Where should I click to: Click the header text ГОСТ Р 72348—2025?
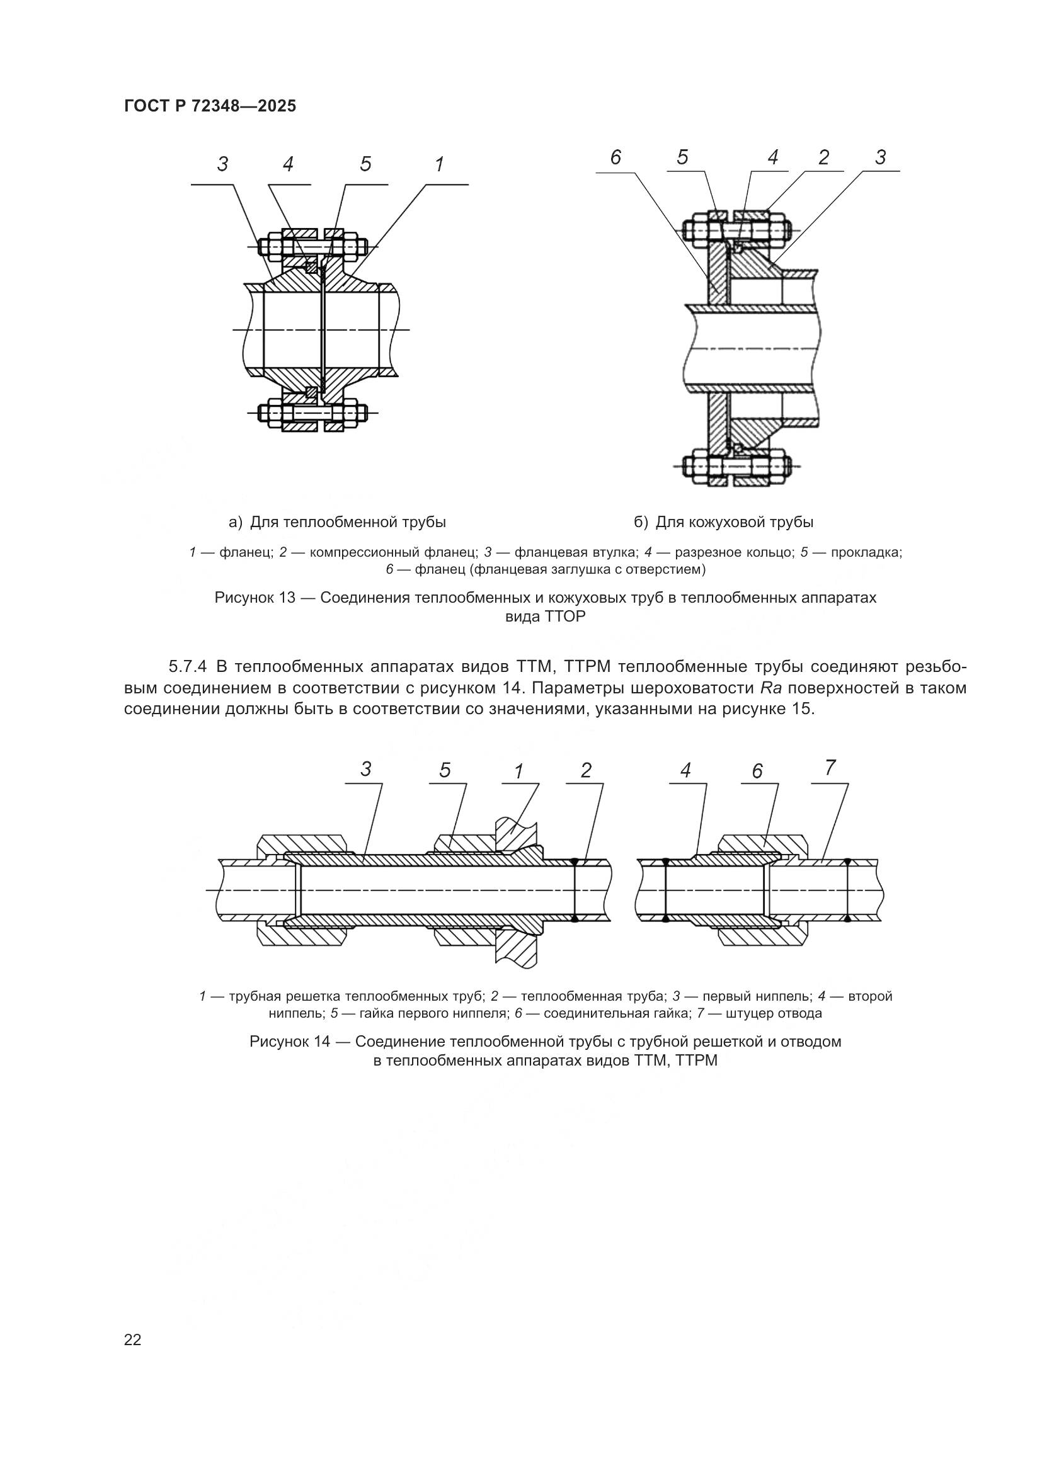tap(210, 106)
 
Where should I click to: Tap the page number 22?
tap(133, 1339)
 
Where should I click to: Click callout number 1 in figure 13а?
tap(439, 165)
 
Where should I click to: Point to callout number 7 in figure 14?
tap(830, 768)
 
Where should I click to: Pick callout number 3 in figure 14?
tap(366, 769)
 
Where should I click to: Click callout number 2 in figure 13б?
tap(824, 157)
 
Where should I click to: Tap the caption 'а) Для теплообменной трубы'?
tap(338, 522)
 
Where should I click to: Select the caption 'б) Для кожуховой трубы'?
tap(724, 522)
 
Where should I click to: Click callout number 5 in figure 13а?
tap(365, 165)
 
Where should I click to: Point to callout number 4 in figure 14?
tap(686, 770)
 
